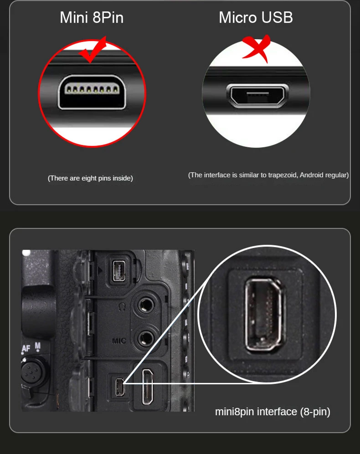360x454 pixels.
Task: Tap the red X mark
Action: coord(256,48)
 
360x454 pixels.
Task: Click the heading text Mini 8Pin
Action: coord(92,17)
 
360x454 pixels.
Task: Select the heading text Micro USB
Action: coord(256,17)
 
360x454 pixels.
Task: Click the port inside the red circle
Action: coord(92,92)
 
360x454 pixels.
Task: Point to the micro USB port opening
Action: coord(256,95)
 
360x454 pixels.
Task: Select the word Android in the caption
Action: coord(314,175)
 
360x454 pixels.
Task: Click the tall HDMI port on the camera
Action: coord(148,387)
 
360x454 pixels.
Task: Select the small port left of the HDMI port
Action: coord(119,387)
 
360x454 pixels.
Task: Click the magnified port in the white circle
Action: coord(266,315)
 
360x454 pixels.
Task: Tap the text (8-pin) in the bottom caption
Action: coord(315,412)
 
